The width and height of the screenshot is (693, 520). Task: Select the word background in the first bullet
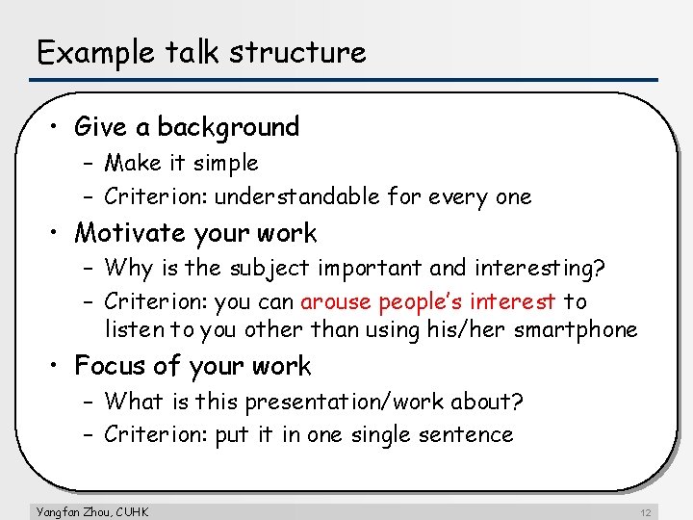(x=228, y=127)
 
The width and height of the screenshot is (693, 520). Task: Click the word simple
(x=226, y=164)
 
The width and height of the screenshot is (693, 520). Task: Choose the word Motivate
(x=130, y=233)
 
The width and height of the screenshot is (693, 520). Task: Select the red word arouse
(x=336, y=301)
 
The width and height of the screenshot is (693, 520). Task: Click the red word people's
(x=422, y=301)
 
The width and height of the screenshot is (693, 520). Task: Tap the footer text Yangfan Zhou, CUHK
(x=91, y=511)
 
